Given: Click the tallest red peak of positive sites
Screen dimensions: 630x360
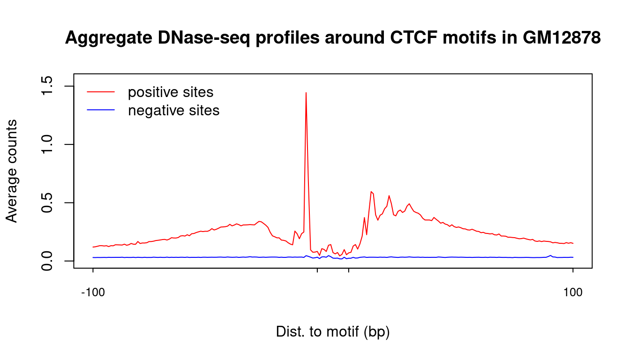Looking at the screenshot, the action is pyautogui.click(x=306, y=93).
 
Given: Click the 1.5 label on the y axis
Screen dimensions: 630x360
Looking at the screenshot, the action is pyautogui.click(x=47, y=85).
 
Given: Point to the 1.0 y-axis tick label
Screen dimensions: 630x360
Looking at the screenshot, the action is pyautogui.click(x=47, y=144).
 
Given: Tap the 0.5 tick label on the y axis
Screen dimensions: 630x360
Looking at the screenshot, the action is pyautogui.click(x=47, y=202).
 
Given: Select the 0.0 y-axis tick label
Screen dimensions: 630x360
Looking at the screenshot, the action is pyautogui.click(x=47, y=261).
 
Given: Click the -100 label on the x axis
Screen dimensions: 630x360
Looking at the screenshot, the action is pyautogui.click(x=93, y=293).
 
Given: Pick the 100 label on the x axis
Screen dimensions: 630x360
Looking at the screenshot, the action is pyautogui.click(x=573, y=293).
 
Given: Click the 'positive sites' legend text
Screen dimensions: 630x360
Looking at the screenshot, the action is pyautogui.click(x=171, y=92).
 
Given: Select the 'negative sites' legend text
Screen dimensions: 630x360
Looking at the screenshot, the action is pyautogui.click(x=173, y=110).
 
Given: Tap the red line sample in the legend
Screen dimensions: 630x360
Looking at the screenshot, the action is pyautogui.click(x=101, y=92).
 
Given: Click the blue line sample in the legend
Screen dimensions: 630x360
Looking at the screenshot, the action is pyautogui.click(x=101, y=110).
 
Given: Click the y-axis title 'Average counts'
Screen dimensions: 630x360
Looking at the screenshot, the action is pyautogui.click(x=12, y=171).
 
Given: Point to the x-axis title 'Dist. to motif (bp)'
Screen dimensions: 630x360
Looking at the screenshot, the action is pyautogui.click(x=333, y=331).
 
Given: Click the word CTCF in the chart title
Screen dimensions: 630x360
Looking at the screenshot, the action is pyautogui.click(x=413, y=37).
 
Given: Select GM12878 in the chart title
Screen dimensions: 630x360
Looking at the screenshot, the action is pyautogui.click(x=562, y=37).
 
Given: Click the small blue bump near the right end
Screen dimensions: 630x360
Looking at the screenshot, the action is pyautogui.click(x=550, y=255).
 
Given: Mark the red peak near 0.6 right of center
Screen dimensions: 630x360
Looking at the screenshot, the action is pyautogui.click(x=372, y=192).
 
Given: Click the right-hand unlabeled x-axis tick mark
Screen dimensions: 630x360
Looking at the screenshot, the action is pyautogui.click(x=349, y=270).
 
